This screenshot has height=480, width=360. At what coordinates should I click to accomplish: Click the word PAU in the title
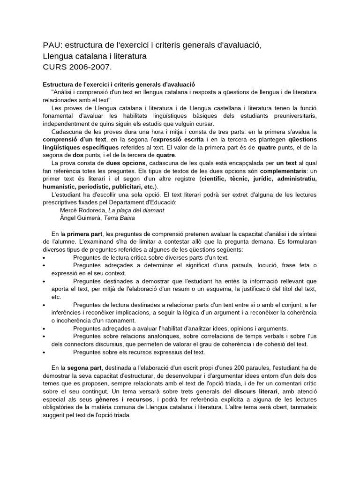click(x=52, y=45)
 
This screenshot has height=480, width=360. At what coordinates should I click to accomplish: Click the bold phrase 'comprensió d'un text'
click(x=75, y=140)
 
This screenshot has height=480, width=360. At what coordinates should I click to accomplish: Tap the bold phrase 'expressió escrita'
click(x=180, y=140)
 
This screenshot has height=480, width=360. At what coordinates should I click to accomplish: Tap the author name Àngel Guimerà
click(x=80, y=218)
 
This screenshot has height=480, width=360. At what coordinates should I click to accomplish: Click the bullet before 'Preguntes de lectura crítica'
click(x=44, y=258)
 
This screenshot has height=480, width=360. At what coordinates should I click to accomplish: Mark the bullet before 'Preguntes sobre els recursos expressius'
click(x=44, y=352)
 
